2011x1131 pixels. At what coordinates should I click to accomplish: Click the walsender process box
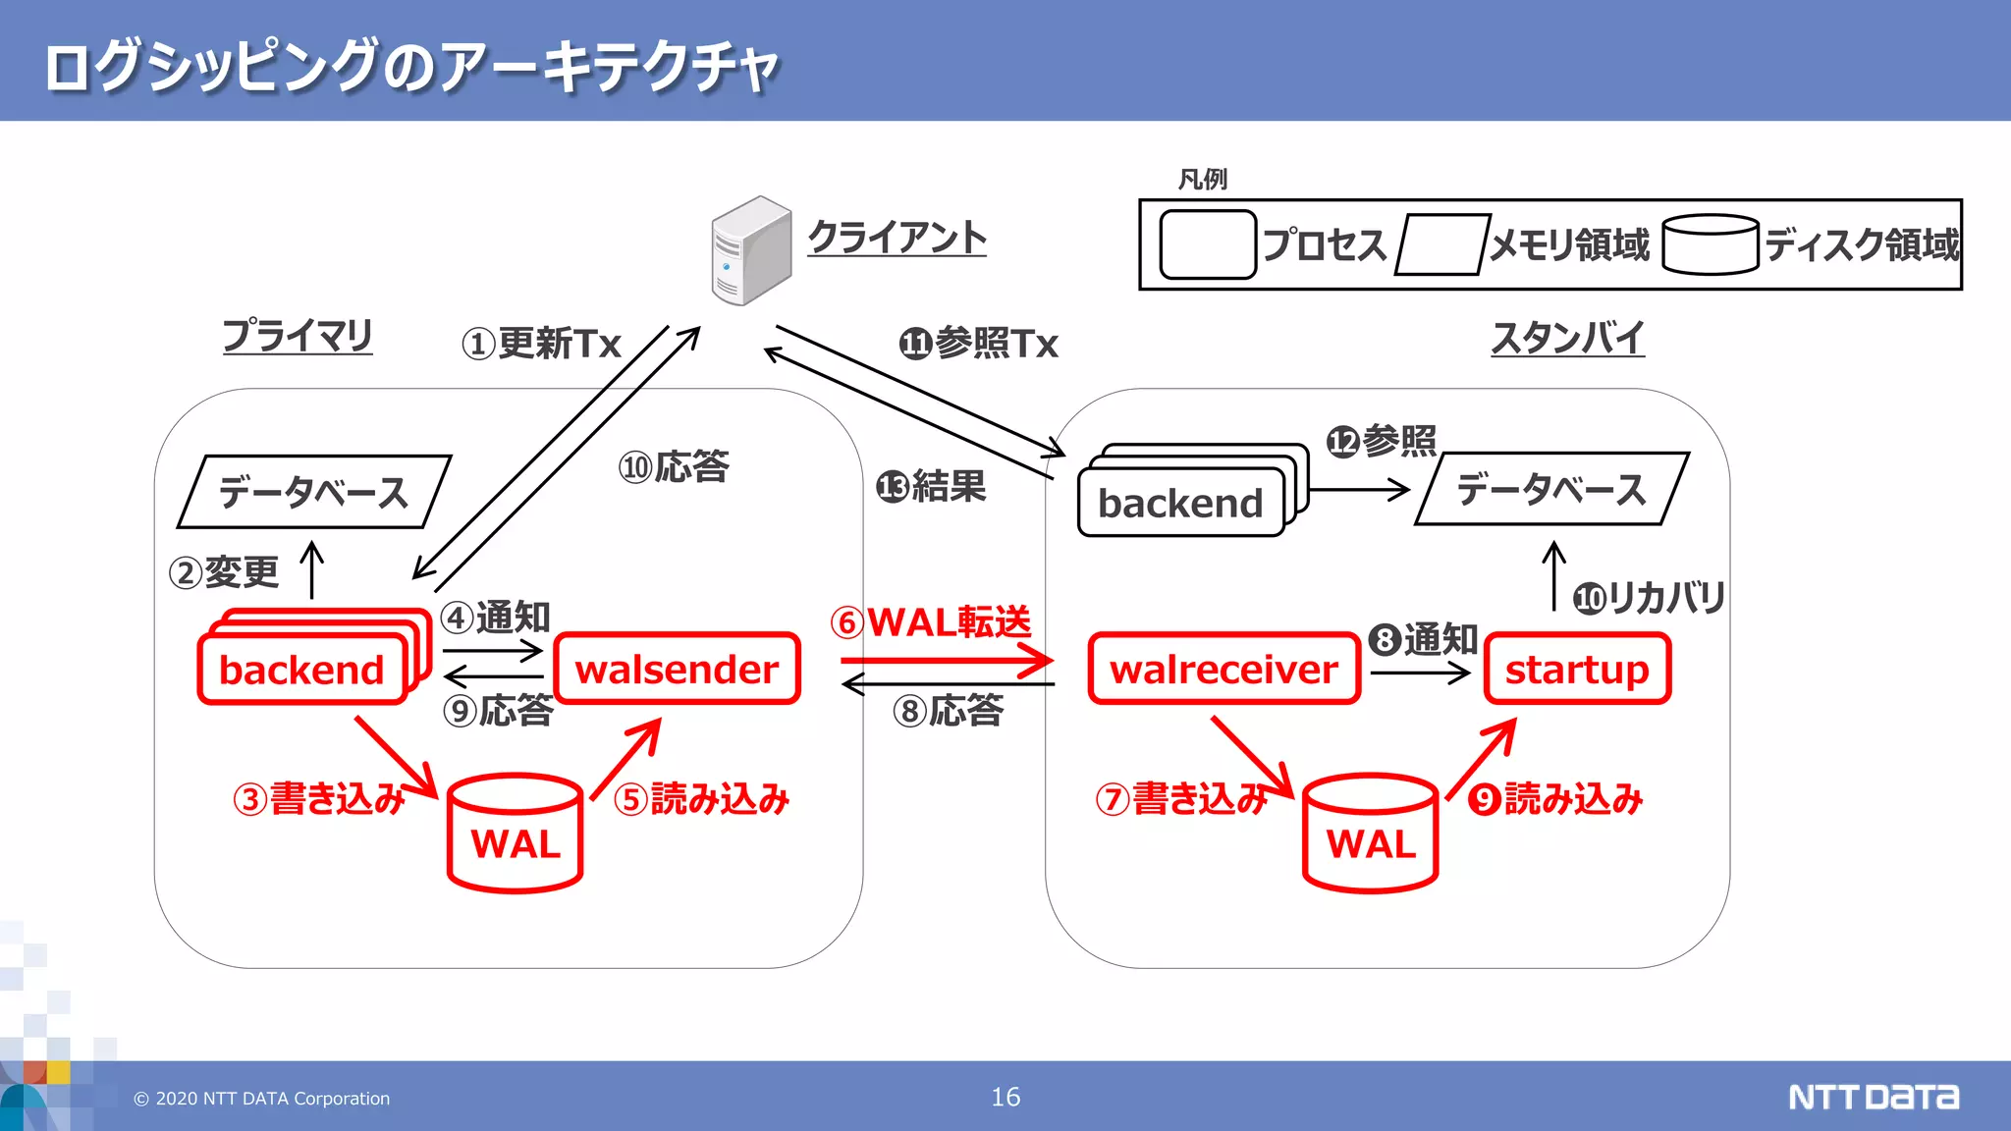(x=677, y=670)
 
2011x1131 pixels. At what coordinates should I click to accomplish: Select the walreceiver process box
(x=1223, y=670)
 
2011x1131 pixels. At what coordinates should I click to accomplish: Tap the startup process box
(x=1577, y=670)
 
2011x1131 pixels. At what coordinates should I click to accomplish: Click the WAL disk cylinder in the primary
(x=515, y=835)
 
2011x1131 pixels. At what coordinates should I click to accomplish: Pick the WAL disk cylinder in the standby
(x=1371, y=835)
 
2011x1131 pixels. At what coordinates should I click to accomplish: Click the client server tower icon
(x=750, y=251)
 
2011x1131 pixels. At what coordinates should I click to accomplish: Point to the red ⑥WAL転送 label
(x=931, y=621)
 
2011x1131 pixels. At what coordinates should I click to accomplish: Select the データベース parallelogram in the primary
(x=313, y=492)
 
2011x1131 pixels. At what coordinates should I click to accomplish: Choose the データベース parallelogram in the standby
(x=1551, y=489)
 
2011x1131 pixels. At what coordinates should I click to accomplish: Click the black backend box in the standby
(x=1180, y=504)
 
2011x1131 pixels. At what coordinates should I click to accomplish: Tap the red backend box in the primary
(x=301, y=671)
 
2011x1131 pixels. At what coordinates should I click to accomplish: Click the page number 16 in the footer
(x=1005, y=1097)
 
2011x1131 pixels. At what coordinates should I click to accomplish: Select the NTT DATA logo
(x=1873, y=1097)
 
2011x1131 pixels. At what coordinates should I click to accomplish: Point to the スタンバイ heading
(x=1567, y=338)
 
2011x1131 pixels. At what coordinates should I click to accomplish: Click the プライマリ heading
(x=298, y=336)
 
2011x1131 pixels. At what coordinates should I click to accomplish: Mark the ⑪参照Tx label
(x=979, y=344)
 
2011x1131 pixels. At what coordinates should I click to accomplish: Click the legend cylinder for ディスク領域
(x=1710, y=244)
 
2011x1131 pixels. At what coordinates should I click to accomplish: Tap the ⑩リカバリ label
(x=1650, y=597)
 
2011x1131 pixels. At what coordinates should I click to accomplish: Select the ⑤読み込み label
(x=702, y=799)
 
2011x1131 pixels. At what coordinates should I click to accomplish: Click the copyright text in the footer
(x=262, y=1099)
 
